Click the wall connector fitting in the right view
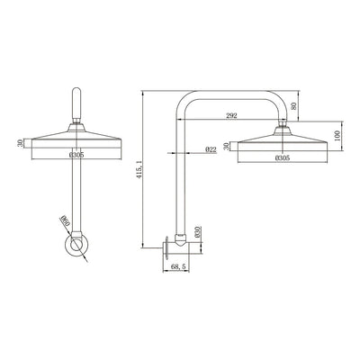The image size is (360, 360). click(180, 240)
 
